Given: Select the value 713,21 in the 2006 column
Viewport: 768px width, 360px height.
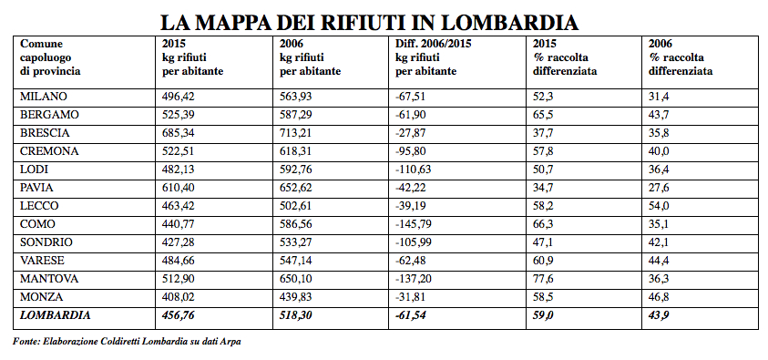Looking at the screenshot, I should [x=298, y=133].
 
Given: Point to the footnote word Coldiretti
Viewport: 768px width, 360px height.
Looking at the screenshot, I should [x=120, y=342].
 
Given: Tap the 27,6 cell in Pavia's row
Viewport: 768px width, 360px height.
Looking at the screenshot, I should [x=659, y=188].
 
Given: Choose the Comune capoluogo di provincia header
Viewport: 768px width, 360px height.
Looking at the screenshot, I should [x=50, y=57].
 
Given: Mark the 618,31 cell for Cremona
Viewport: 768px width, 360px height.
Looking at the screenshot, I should [x=298, y=151].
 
